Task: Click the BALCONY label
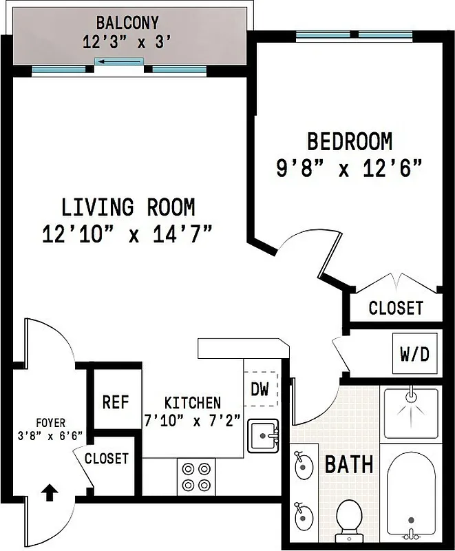coord(127,23)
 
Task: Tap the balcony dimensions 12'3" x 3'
coord(127,42)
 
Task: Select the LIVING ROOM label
coord(128,207)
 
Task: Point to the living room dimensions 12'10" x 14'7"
coord(127,234)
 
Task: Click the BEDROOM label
coord(350,142)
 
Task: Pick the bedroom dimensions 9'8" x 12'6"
coord(349,169)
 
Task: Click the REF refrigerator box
coord(116,402)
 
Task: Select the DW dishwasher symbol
coord(260,389)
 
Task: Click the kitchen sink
coord(263,436)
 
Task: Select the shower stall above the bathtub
coord(411,414)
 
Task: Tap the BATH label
coord(349,464)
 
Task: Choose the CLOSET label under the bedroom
coord(396,308)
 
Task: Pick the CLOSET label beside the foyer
coord(107,458)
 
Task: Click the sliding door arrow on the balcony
coord(119,63)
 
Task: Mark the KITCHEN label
coord(193,402)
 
